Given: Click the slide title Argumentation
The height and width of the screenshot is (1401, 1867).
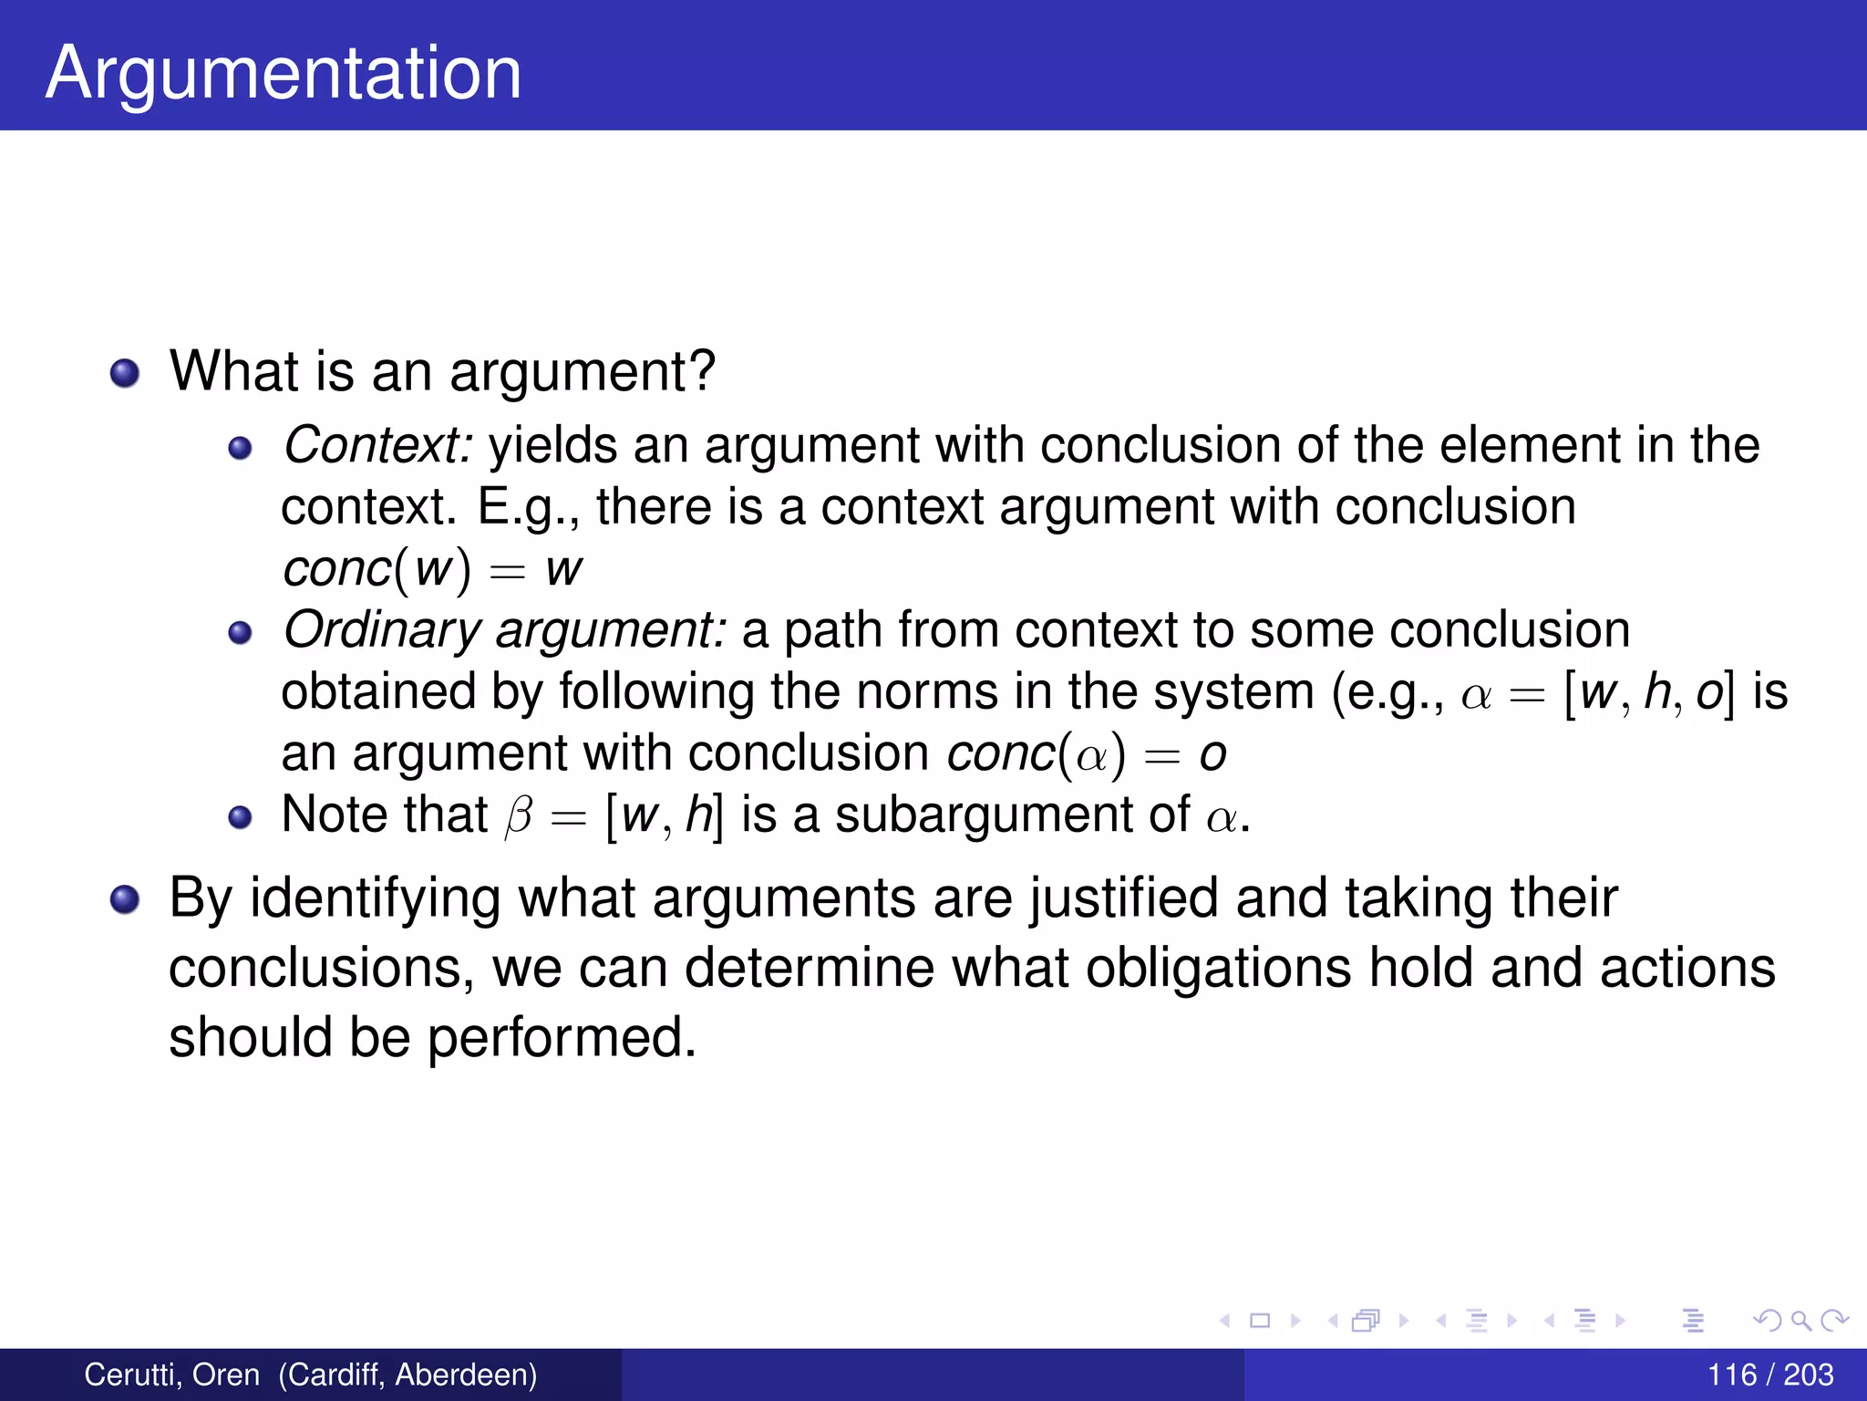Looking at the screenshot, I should click(284, 73).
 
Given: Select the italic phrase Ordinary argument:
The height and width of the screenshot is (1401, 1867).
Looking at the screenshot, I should click(505, 630).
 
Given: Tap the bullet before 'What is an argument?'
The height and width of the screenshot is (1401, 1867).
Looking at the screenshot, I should click(125, 373).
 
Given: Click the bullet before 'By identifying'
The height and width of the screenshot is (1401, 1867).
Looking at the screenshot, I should click(125, 900).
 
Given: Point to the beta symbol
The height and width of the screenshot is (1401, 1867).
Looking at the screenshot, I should click(519, 815).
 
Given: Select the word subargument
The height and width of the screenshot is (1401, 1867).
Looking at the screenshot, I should click(1012, 815).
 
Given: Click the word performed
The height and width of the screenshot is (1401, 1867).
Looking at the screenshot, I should click(562, 1038).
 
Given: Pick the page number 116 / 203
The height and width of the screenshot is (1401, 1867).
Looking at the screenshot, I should click(1769, 1375).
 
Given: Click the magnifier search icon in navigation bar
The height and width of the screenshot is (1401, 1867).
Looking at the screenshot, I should click(1800, 1320).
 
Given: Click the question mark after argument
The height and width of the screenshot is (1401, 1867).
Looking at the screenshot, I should click(700, 371).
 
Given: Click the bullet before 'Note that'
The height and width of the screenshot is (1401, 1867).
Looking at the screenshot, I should click(240, 817).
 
